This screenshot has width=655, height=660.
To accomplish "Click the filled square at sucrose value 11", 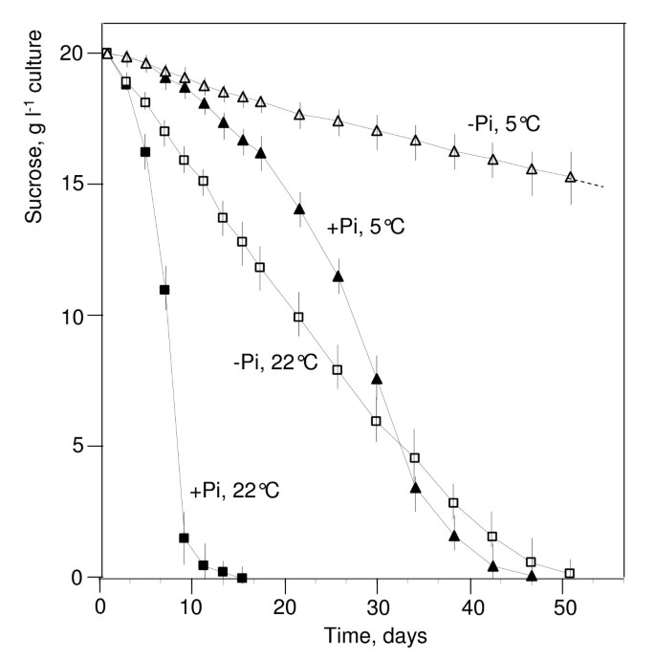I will pyautogui.click(x=164, y=290).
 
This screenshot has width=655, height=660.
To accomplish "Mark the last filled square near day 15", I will pyautogui.click(x=242, y=578).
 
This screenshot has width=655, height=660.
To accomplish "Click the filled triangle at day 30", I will pyautogui.click(x=377, y=380).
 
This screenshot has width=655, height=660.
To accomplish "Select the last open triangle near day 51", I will pyautogui.click(x=570, y=177).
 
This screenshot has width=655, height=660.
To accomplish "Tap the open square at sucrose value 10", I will pyautogui.click(x=298, y=317).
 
